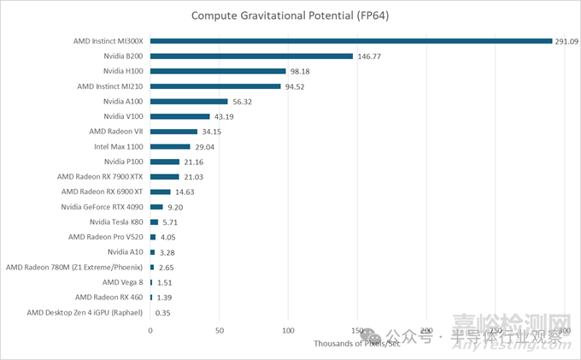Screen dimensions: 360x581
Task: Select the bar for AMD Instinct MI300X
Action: point(351,40)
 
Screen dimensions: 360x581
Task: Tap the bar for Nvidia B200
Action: point(251,56)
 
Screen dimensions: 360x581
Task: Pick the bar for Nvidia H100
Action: point(218,71)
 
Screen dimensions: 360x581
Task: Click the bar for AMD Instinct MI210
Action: point(215,86)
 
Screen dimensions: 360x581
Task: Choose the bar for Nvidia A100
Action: point(189,101)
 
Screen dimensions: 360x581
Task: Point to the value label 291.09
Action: point(567,40)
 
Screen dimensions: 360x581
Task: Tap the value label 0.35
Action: point(163,313)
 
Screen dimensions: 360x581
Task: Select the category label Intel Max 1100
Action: point(119,146)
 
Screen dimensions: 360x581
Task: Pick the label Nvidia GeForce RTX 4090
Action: point(102,207)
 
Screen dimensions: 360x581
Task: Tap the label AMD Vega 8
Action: point(122,282)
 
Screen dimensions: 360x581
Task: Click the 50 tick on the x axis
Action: point(220,330)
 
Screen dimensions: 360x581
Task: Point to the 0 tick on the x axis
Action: point(150,330)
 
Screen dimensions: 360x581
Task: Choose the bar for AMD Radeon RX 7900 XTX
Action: point(165,176)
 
